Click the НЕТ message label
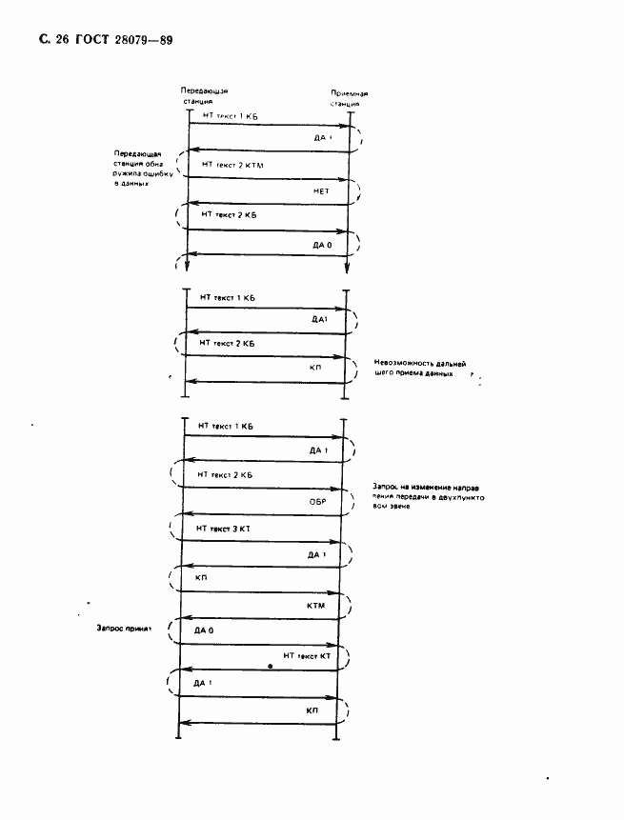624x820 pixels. coord(320,191)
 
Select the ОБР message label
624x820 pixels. coord(318,499)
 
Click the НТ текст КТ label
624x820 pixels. coord(306,657)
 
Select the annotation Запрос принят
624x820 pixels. coord(125,630)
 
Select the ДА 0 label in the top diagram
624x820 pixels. coord(323,245)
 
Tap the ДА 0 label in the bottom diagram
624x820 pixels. coord(204,631)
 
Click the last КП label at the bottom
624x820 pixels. coord(312,710)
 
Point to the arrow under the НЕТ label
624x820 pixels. coord(269,203)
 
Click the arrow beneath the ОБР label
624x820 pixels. coord(258,514)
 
